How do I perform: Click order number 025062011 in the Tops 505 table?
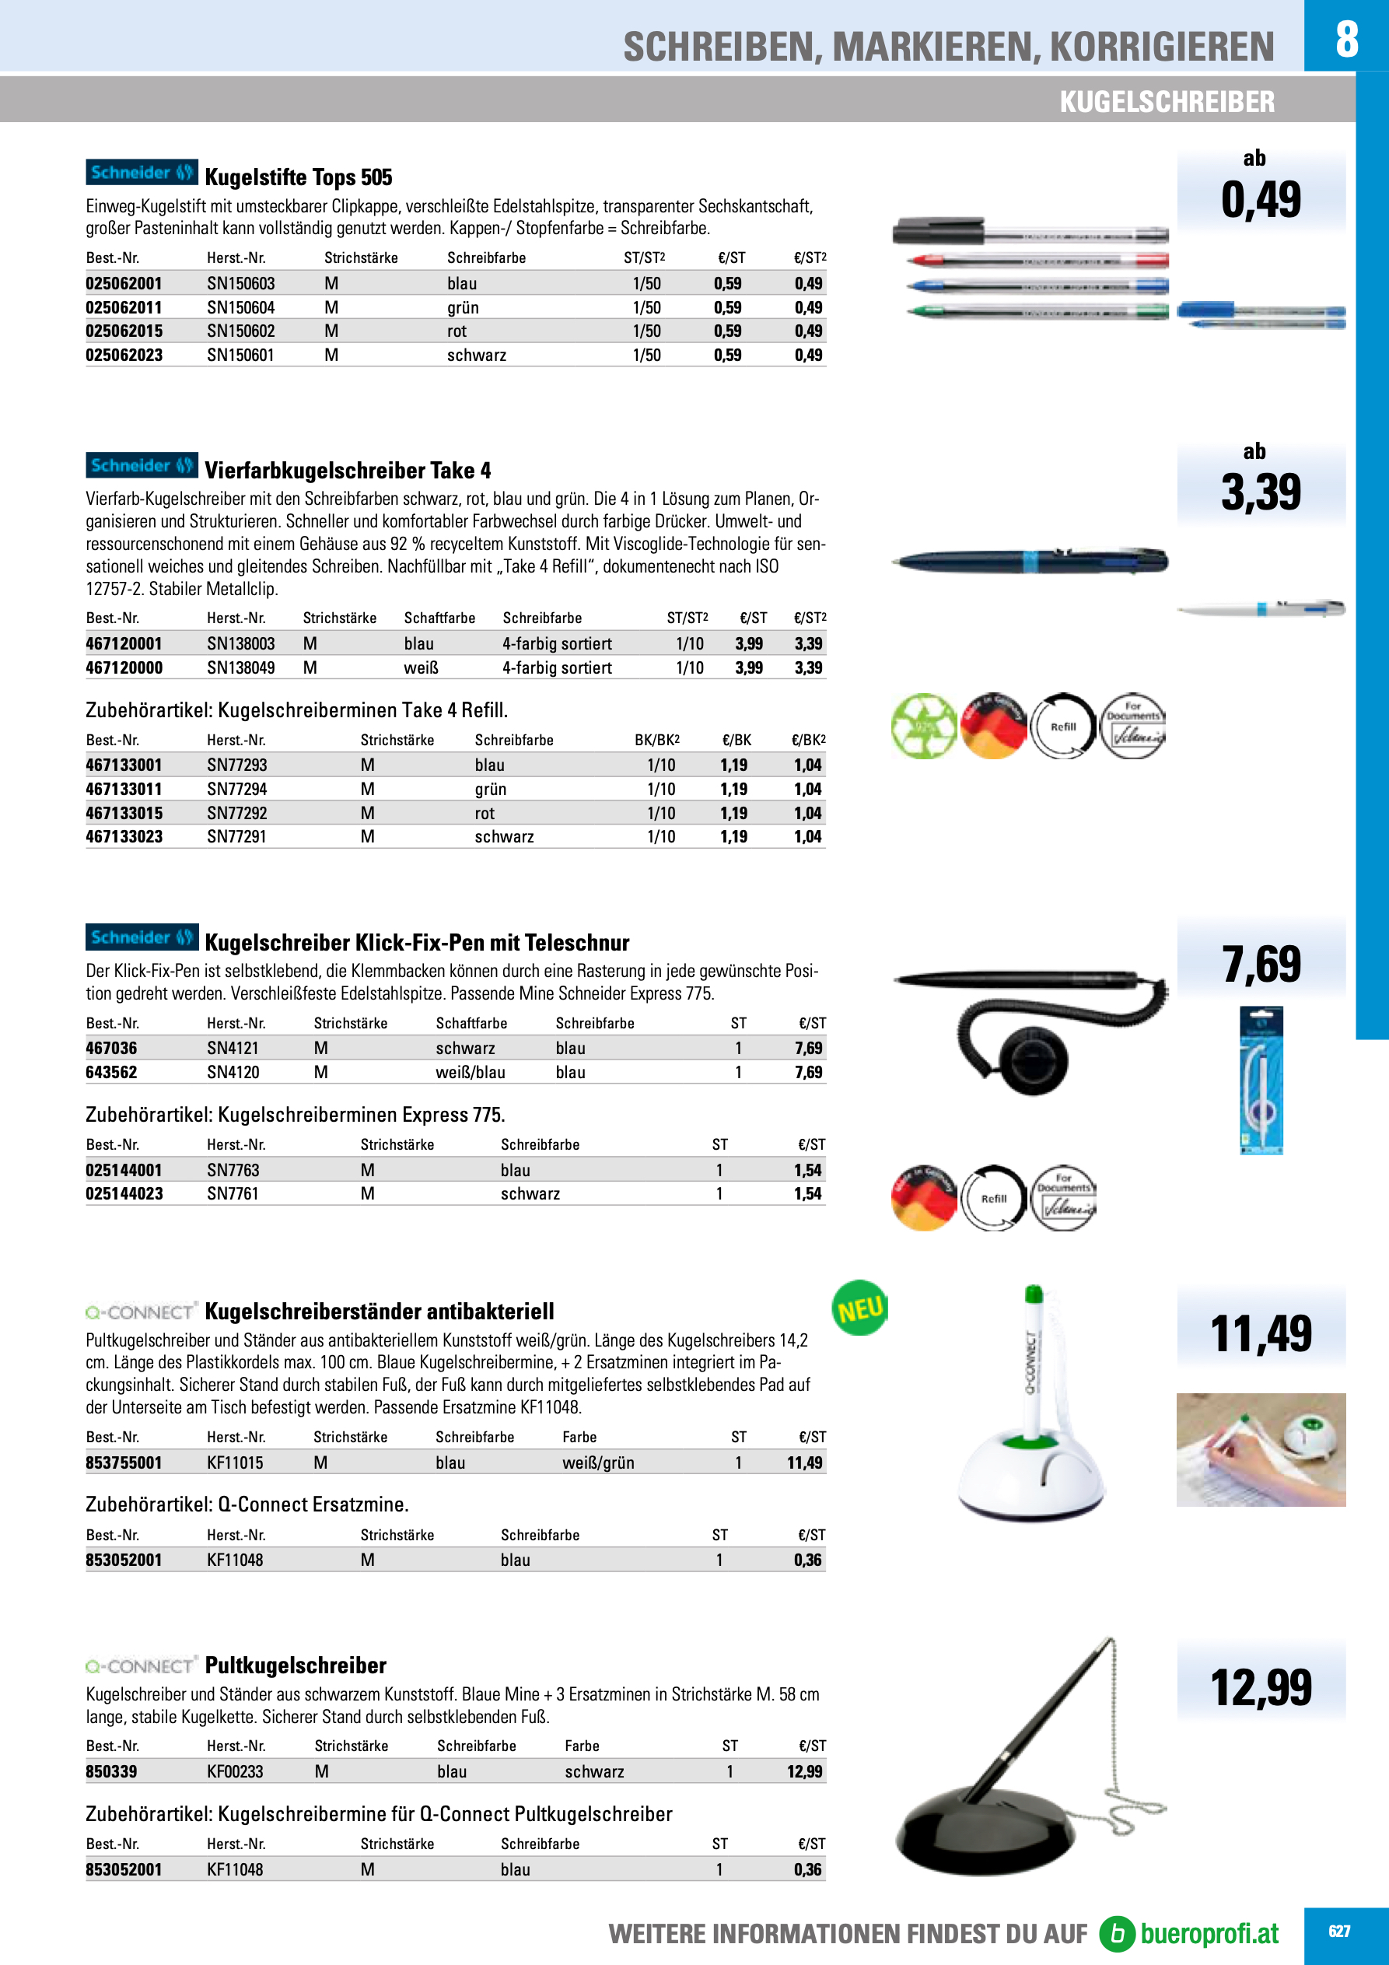tap(124, 307)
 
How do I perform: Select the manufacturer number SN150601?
tap(240, 356)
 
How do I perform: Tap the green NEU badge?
tap(859, 1308)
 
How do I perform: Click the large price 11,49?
tap(1261, 1334)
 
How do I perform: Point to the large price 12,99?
tap(1261, 1688)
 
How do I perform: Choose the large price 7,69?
tap(1261, 965)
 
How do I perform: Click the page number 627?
tap(1338, 1932)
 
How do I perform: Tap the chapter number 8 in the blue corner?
tap(1346, 39)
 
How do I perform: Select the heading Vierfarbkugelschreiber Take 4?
tap(348, 471)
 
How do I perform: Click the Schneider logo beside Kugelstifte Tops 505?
tap(142, 172)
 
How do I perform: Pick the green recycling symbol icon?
tap(923, 726)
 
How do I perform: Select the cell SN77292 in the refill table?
tap(236, 813)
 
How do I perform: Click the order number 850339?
tap(111, 1771)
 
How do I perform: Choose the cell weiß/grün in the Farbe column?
tap(598, 1462)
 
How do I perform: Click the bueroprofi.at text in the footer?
tap(1209, 1934)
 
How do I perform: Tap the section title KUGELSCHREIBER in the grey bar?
tap(1167, 102)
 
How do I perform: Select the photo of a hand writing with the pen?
tap(1261, 1450)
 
